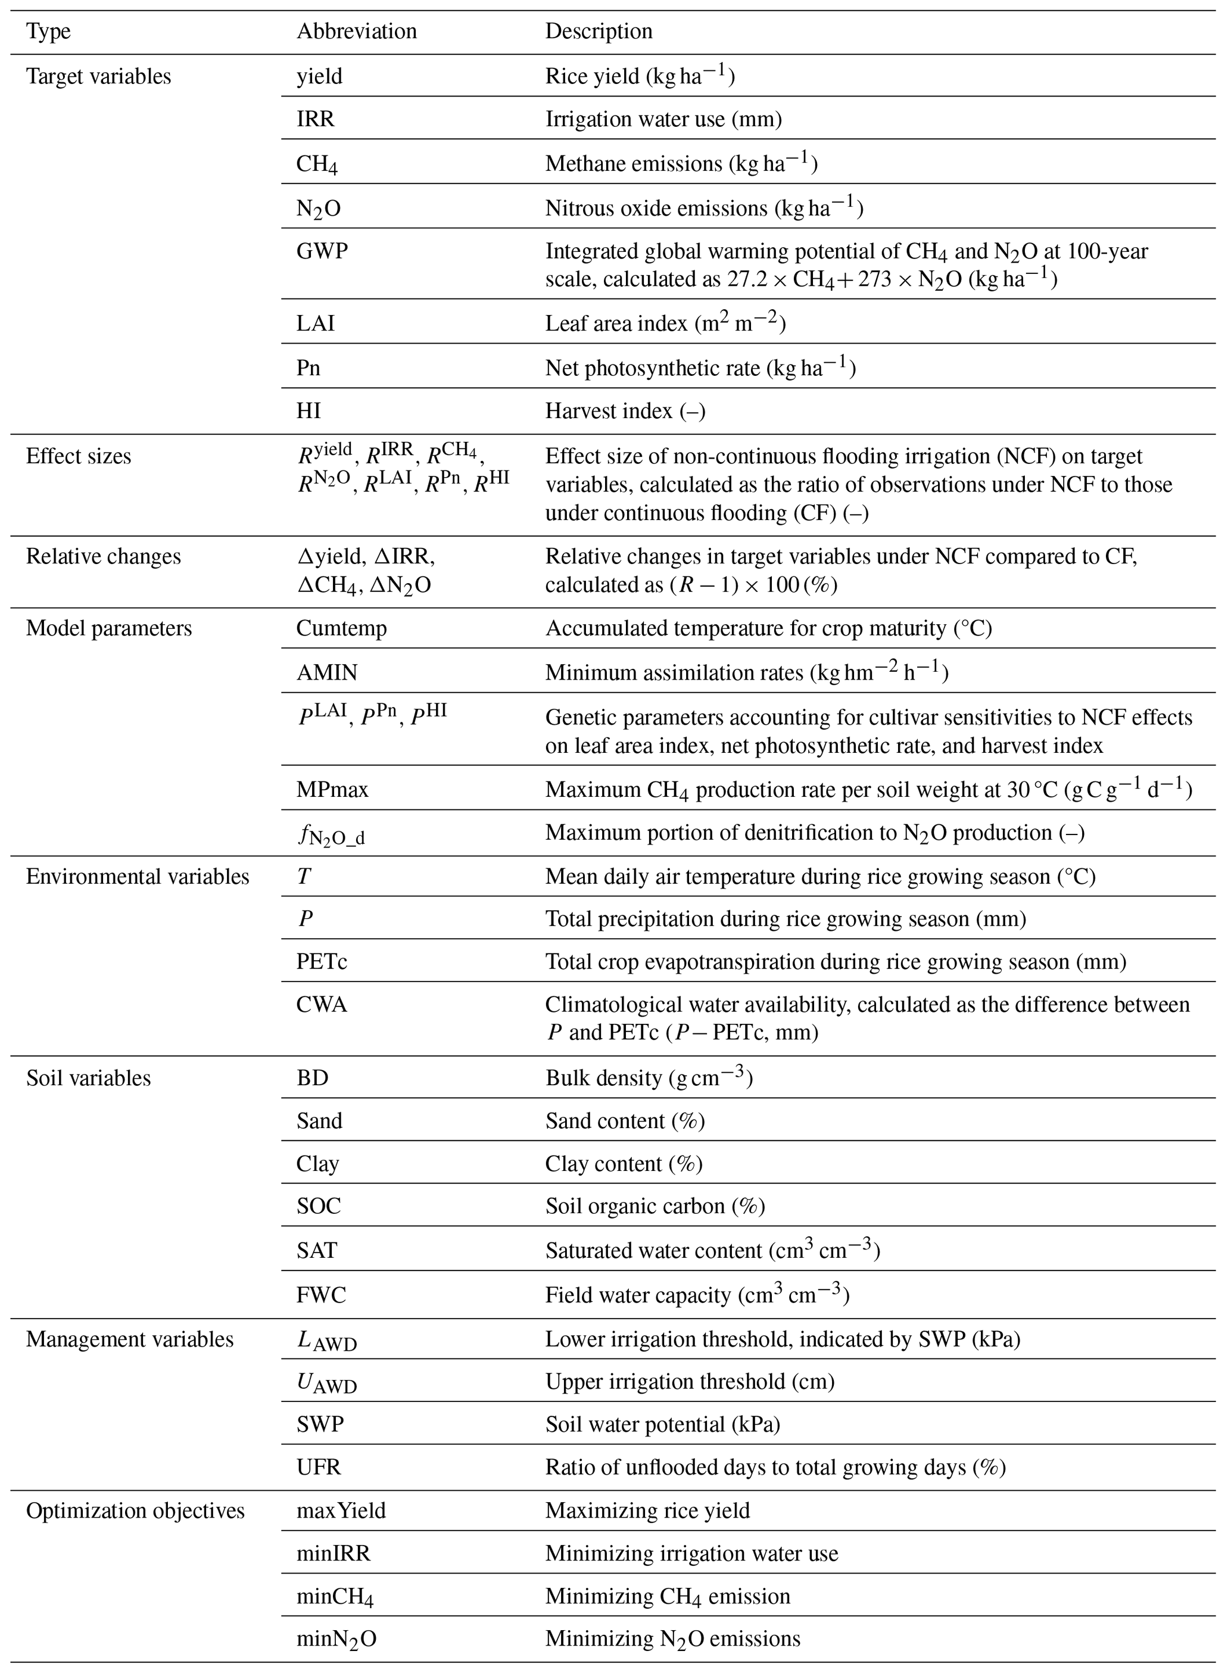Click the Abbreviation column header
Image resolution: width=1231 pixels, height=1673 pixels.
356,32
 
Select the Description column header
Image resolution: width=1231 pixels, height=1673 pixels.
599,32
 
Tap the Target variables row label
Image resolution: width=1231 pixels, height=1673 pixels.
98,77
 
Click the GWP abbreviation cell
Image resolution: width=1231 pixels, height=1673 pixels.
322,251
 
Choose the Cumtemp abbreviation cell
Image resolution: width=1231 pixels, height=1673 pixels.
341,628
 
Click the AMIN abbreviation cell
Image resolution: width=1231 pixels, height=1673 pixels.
326,673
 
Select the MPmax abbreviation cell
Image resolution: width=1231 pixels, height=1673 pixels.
332,789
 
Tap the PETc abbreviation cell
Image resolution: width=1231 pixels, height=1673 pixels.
322,961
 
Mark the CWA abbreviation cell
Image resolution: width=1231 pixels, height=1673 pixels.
322,1005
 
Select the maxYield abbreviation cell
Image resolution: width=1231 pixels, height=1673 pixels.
341,1510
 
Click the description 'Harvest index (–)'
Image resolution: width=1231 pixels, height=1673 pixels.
625,410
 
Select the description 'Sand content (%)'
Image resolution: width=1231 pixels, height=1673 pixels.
625,1121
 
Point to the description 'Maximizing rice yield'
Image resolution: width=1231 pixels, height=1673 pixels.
647,1510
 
